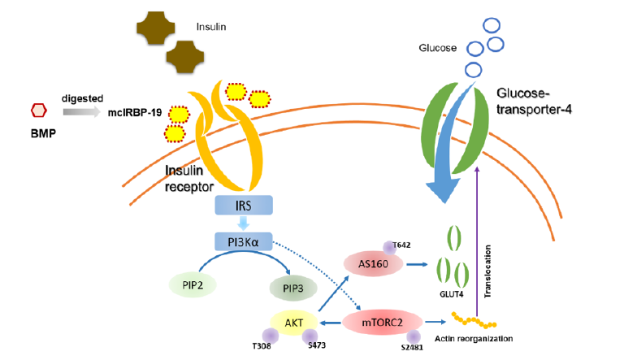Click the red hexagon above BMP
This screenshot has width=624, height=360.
37,110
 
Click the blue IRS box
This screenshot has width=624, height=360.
243,206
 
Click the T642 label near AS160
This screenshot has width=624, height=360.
402,245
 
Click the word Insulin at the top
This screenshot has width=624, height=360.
211,27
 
